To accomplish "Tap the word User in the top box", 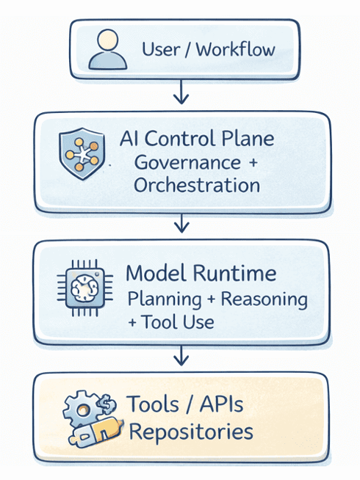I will click(162, 50).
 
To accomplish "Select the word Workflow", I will click(236, 50).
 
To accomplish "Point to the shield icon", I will click(80, 152).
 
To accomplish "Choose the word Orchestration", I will click(197, 185).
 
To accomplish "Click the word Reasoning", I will click(264, 299).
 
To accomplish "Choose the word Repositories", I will click(190, 431).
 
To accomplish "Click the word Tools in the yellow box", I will click(154, 405).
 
